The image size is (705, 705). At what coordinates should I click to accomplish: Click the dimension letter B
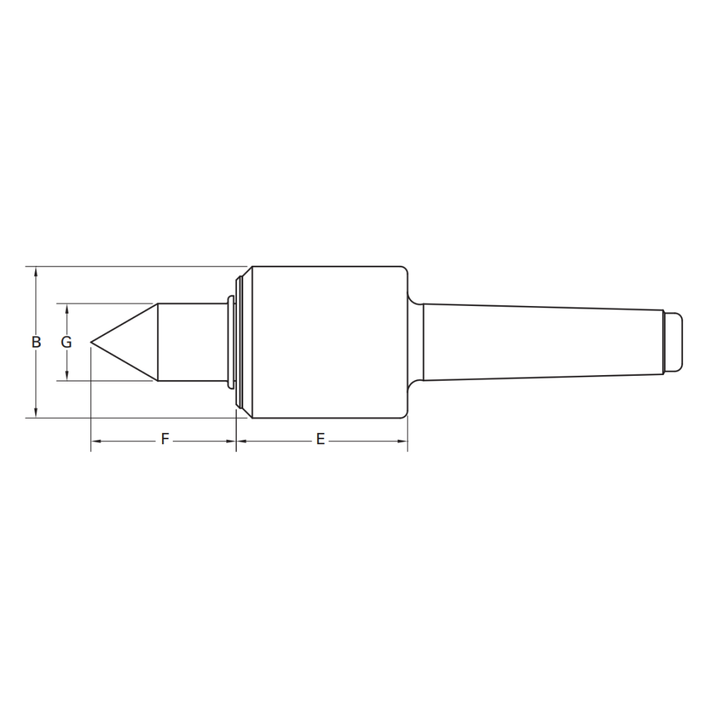37,342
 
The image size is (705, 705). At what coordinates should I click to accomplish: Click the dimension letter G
66,342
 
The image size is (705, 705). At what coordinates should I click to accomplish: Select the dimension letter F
165,439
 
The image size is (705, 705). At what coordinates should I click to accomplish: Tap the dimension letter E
320,439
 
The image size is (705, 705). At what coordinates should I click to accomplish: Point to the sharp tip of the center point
91,342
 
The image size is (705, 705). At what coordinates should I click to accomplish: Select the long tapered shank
543,342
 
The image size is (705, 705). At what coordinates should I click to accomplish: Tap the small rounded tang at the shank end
673,342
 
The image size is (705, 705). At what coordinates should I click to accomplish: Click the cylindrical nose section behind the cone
192,342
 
